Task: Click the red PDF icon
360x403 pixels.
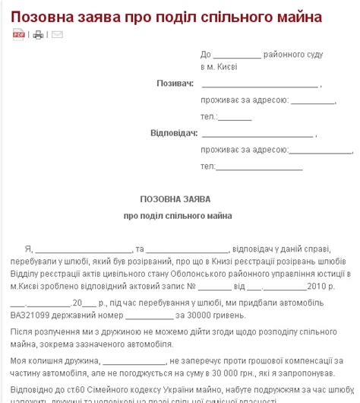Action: [x=19, y=34]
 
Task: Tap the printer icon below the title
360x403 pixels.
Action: [x=38, y=34]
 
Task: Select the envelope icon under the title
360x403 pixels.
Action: [x=57, y=34]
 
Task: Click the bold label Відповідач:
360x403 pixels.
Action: [x=174, y=132]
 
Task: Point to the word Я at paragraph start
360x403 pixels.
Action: [x=27, y=249]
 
